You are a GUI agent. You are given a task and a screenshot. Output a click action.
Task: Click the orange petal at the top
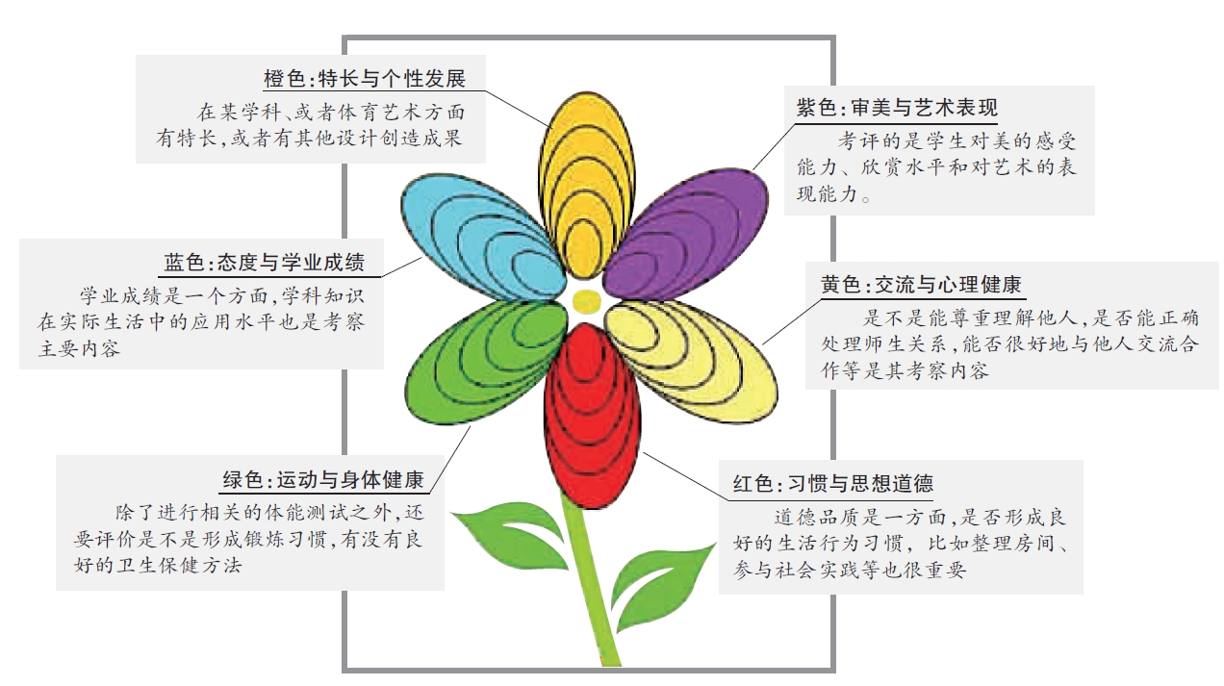point(587,186)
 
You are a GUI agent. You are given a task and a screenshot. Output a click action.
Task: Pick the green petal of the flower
point(486,362)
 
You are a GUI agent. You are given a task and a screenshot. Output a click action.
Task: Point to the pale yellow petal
point(691,361)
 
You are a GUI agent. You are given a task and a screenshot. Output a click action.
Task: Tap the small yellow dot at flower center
point(586,301)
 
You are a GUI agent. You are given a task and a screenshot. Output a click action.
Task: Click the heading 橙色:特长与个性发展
point(365,79)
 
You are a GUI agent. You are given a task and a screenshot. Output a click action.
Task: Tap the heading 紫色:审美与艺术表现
point(897,108)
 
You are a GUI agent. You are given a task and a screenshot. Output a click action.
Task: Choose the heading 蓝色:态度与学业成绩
point(264,263)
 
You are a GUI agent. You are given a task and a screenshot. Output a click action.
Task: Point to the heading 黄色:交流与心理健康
point(921,285)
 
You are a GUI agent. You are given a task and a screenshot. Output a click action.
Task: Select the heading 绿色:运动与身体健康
point(323,480)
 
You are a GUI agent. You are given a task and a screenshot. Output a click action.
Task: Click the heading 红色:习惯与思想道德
point(832,483)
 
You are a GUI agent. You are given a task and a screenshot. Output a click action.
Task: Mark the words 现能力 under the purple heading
point(828,194)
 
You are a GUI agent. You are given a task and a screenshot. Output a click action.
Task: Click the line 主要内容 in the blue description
point(79,348)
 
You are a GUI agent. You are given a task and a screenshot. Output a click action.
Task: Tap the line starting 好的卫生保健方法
point(158,566)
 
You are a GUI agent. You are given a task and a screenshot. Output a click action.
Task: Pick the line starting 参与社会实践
point(850,570)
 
